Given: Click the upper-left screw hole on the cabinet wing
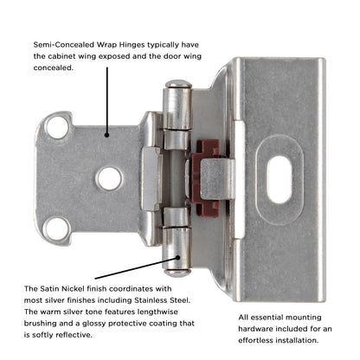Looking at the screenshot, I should (58, 127).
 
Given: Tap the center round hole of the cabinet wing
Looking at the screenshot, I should (107, 178).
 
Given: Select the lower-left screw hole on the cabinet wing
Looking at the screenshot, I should (58, 228).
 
